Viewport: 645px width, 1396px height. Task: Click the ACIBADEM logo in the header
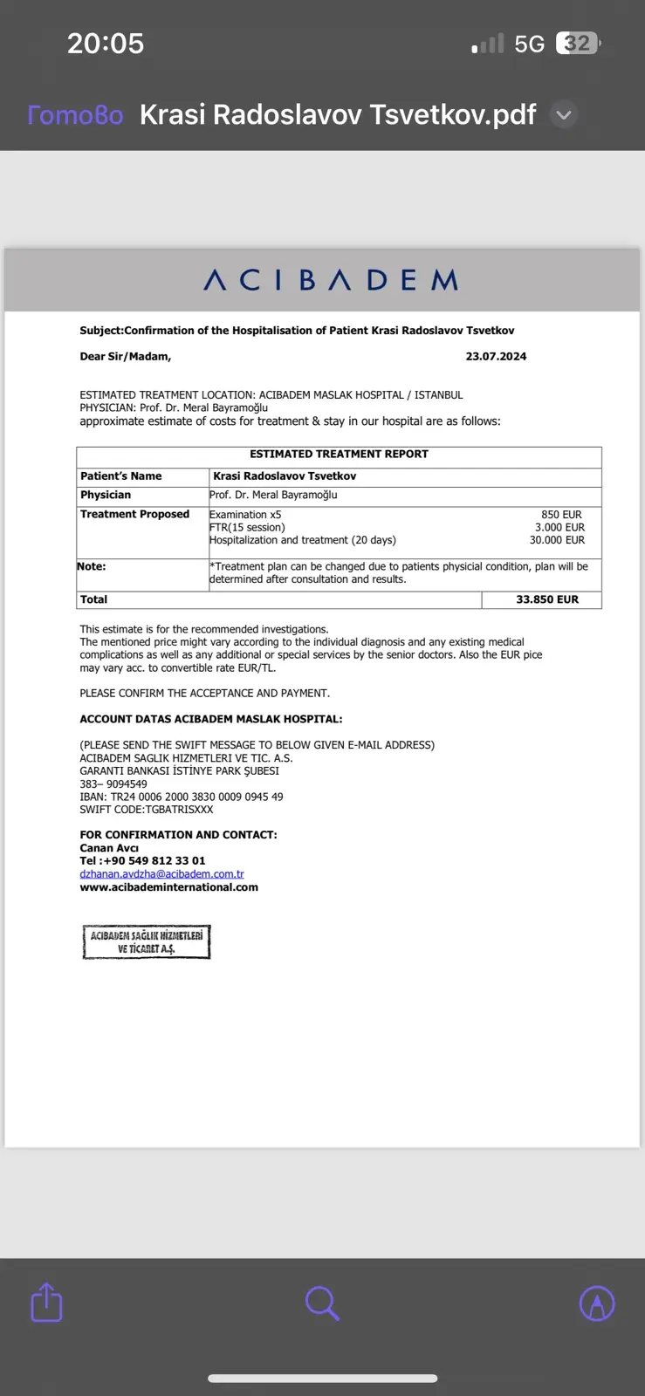pos(331,280)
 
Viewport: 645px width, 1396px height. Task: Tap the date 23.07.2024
pos(496,357)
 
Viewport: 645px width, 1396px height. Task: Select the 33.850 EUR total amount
pos(547,599)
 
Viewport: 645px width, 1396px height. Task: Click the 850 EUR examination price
pos(561,515)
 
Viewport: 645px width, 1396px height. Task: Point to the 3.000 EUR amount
pos(559,527)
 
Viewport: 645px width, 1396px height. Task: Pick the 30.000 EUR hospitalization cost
pos(557,540)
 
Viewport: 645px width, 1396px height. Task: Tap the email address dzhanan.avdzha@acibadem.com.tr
pos(161,874)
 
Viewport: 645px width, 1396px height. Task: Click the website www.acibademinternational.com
pos(168,887)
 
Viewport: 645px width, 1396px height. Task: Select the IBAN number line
pos(181,797)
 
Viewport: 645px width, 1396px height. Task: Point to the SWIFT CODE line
pos(146,810)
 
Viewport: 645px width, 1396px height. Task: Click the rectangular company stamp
pos(147,941)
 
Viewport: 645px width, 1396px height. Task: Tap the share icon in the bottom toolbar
pos(46,1303)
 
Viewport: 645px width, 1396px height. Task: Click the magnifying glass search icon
pos(322,1304)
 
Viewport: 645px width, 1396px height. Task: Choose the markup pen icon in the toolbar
pos(597,1304)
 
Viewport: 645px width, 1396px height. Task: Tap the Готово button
pos(75,115)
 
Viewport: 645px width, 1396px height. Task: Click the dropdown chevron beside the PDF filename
pos(565,115)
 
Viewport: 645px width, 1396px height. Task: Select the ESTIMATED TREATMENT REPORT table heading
pos(339,455)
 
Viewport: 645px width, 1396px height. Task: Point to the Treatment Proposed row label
pos(134,515)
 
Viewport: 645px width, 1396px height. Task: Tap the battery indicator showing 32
pos(578,44)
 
